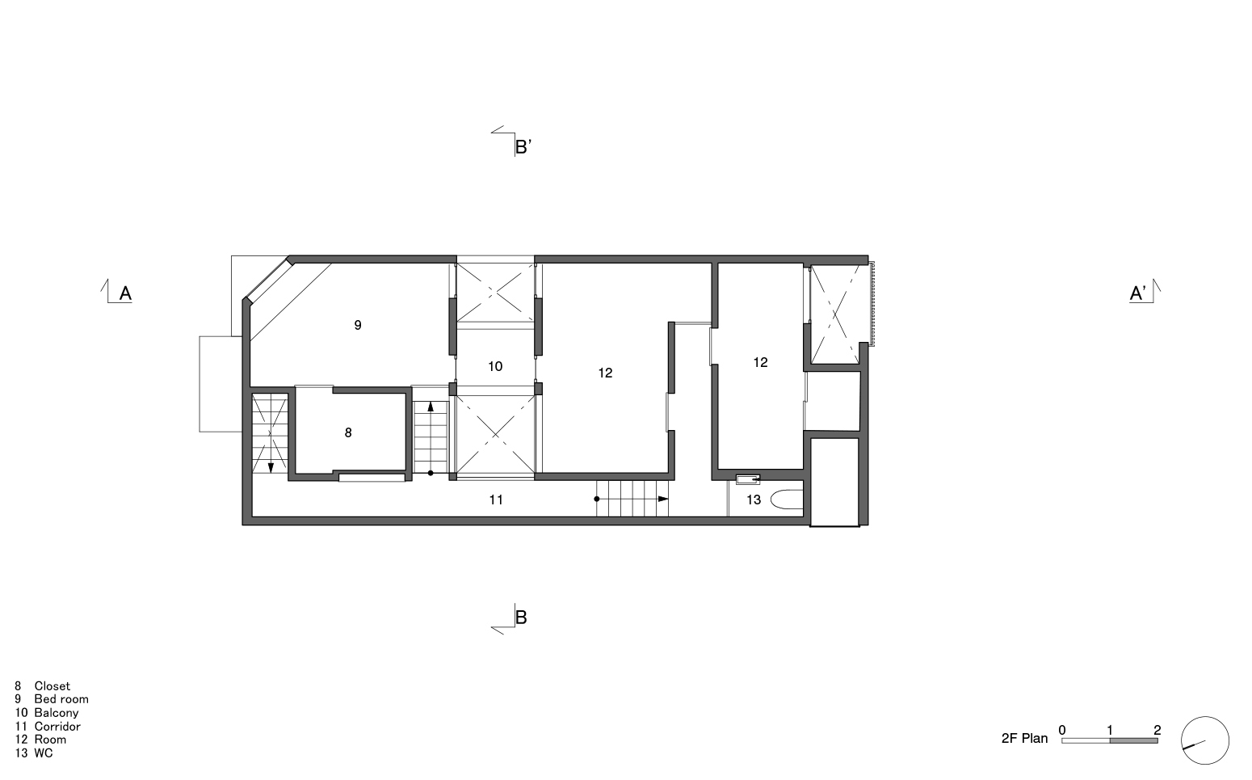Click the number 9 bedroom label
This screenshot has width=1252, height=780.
(x=357, y=325)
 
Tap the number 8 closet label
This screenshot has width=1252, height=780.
(x=348, y=432)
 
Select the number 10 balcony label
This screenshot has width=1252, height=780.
(x=495, y=366)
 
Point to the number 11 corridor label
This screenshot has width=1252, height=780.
(x=496, y=500)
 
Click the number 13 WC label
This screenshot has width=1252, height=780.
(x=753, y=500)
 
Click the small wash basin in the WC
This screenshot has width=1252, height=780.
(x=748, y=479)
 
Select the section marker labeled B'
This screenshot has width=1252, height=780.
(x=523, y=146)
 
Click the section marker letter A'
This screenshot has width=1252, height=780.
(x=1138, y=293)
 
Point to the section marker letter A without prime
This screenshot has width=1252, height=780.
(x=125, y=293)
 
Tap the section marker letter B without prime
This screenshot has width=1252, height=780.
(x=521, y=617)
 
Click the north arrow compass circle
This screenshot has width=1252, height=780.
(x=1204, y=740)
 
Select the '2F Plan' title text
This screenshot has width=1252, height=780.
(x=1024, y=738)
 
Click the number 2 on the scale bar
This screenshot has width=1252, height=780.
(x=1157, y=730)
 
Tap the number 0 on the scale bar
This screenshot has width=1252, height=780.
(x=1062, y=730)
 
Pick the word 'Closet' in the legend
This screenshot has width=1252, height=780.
(x=52, y=686)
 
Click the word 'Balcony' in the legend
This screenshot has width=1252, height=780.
(x=56, y=713)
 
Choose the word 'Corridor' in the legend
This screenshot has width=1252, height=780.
(x=57, y=726)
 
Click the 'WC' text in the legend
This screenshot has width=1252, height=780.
(x=44, y=753)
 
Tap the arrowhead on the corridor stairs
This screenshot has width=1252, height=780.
(x=663, y=499)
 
